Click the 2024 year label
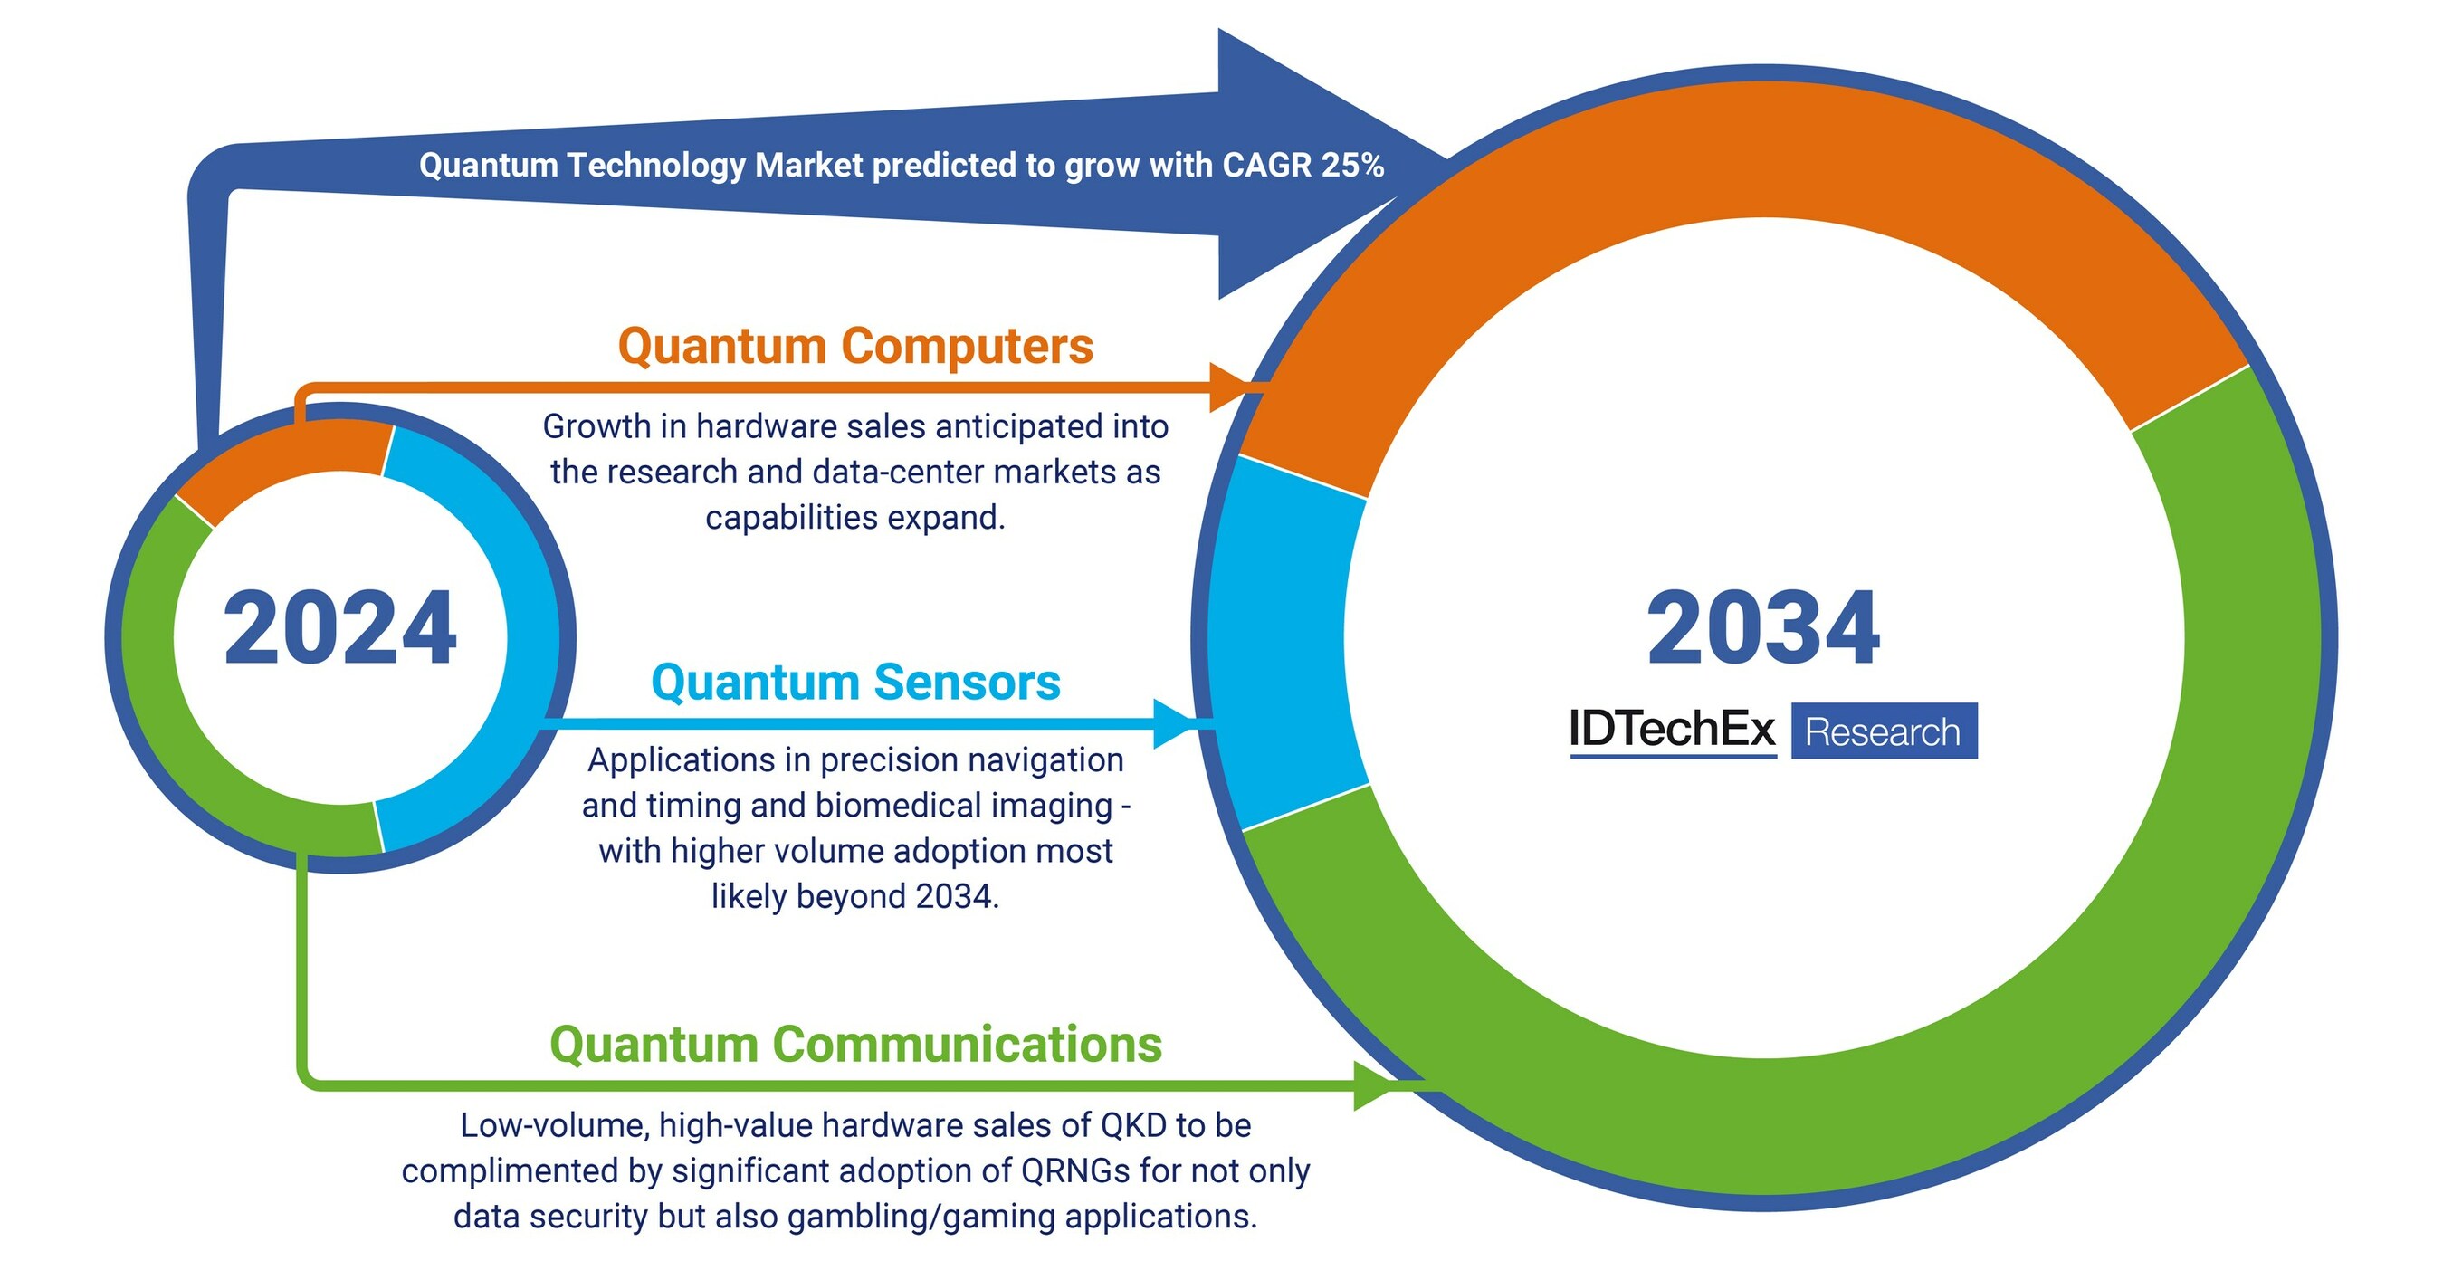(339, 627)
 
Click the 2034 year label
(1763, 627)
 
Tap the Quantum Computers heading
(855, 346)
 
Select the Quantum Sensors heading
(855, 683)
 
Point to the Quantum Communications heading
(855, 1045)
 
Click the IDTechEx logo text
(1672, 731)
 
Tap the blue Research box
(1884, 731)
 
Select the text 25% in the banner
(1353, 166)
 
